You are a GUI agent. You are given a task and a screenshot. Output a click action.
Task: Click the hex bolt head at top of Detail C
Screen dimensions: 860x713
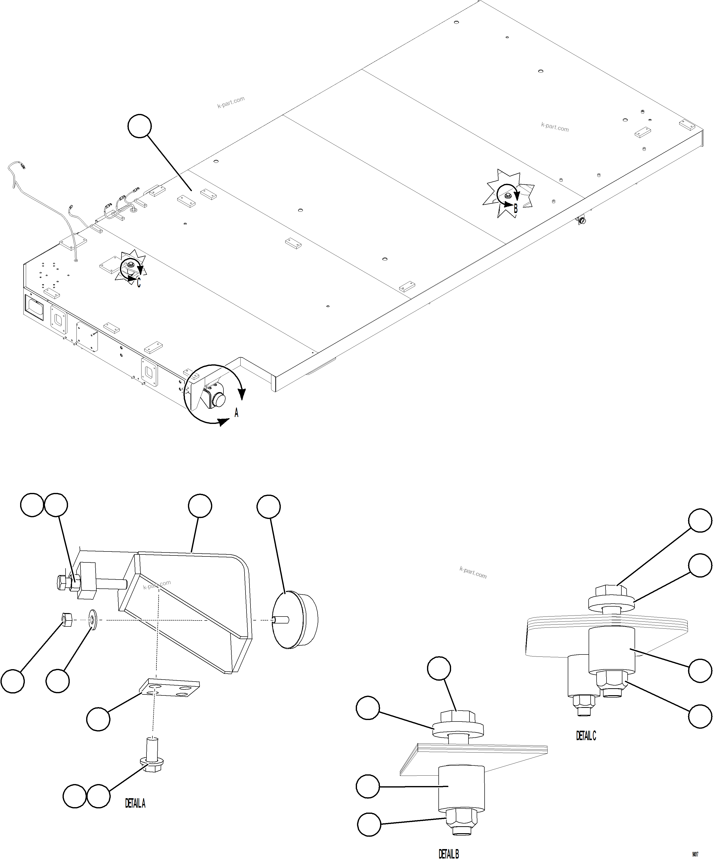point(608,591)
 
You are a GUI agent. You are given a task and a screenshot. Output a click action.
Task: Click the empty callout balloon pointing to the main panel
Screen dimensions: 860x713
point(140,126)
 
